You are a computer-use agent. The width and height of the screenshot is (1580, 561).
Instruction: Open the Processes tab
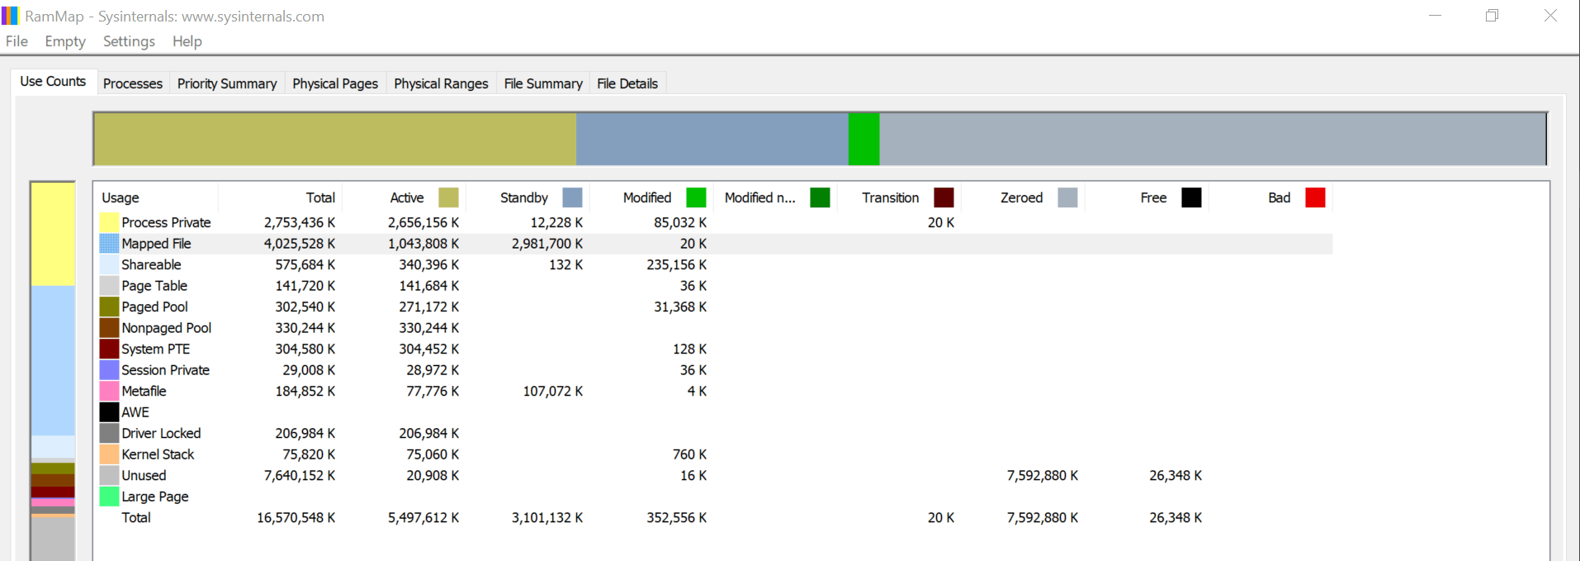click(132, 83)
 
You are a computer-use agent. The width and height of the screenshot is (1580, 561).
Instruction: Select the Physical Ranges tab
click(441, 83)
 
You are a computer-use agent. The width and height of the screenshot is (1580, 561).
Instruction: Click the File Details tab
click(627, 83)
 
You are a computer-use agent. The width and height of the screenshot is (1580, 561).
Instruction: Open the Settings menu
click(129, 41)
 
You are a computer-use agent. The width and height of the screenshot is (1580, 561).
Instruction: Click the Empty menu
click(65, 41)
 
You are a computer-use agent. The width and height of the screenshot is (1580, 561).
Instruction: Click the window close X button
click(1550, 16)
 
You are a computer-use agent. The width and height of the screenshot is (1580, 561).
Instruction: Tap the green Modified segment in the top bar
click(863, 139)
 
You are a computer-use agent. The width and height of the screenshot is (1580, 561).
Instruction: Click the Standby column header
click(524, 197)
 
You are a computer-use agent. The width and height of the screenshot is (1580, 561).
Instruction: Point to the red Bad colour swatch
click(1315, 197)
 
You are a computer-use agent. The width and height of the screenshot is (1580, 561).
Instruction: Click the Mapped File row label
click(156, 244)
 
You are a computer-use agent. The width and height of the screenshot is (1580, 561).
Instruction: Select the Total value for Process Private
click(300, 222)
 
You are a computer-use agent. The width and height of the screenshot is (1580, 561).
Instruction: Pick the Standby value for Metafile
click(552, 391)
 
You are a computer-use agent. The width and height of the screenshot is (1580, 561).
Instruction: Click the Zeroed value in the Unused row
click(1042, 475)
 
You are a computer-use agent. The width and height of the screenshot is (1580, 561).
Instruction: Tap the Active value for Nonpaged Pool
click(428, 328)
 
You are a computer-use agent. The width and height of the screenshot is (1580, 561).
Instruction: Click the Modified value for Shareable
click(676, 264)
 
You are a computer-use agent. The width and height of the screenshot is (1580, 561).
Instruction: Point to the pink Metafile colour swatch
click(109, 391)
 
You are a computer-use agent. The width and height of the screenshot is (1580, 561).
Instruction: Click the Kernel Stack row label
click(158, 454)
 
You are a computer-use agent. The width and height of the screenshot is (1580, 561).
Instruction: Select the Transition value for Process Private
click(940, 222)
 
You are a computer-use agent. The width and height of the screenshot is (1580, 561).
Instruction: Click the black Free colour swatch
click(1191, 197)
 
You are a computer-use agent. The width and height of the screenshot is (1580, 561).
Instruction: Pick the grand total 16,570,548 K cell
click(296, 517)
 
